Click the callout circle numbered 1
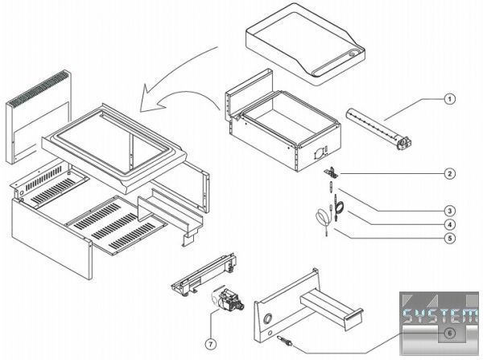click(x=450, y=100)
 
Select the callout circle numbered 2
click(x=450, y=173)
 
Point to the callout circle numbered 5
click(x=450, y=238)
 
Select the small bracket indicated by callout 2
click(x=332, y=172)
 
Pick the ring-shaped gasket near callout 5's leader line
click(x=322, y=217)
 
